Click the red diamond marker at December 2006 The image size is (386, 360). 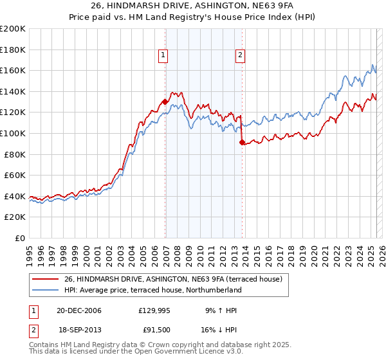pyautogui.click(x=165, y=102)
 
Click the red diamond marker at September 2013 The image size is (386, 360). pyautogui.click(x=242, y=142)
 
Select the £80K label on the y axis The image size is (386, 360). pyautogui.click(x=15, y=154)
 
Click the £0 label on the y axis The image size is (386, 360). pyautogui.click(x=19, y=238)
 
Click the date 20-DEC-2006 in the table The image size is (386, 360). pyautogui.click(x=79, y=310)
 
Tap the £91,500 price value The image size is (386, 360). pyautogui.click(x=156, y=330)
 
